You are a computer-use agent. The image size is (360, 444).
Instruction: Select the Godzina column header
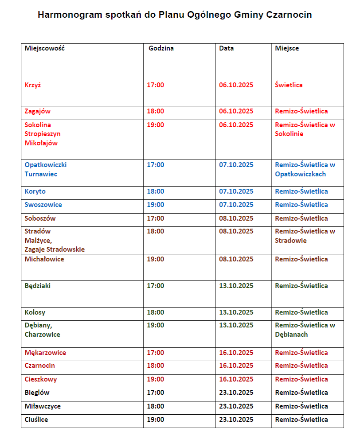click(161, 48)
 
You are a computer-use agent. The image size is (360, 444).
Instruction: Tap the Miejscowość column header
click(44, 48)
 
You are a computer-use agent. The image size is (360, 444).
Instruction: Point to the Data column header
click(226, 48)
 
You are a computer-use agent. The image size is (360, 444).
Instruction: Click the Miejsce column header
click(287, 48)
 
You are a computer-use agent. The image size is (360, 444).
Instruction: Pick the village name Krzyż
click(33, 85)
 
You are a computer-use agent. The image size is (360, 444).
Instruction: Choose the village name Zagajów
click(38, 111)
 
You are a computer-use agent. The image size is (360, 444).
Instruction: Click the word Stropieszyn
click(43, 134)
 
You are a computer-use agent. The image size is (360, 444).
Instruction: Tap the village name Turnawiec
click(41, 174)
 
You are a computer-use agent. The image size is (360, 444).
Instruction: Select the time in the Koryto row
click(156, 191)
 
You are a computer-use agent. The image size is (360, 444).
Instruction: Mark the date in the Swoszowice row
click(236, 205)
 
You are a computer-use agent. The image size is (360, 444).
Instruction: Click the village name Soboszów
click(40, 218)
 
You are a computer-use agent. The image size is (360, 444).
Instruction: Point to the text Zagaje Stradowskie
click(55, 249)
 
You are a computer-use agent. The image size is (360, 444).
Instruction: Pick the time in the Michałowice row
click(156, 259)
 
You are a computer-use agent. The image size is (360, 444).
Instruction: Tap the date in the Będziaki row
click(236, 286)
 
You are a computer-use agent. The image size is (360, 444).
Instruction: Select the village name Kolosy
click(35, 312)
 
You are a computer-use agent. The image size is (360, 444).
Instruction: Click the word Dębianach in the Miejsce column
click(291, 335)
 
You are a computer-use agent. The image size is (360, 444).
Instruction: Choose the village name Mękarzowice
click(45, 353)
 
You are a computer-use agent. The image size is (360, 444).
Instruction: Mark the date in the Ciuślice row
click(236, 420)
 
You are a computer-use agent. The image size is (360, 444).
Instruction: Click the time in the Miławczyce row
click(156, 406)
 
